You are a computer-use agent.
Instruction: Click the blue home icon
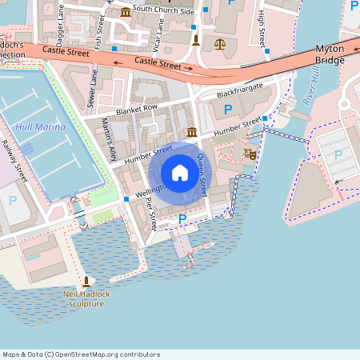click(180, 173)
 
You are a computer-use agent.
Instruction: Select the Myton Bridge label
click(330, 54)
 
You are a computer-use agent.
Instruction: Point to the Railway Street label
click(14, 160)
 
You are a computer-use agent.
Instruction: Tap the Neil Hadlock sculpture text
click(86, 298)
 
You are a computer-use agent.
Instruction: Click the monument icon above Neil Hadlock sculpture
click(86, 282)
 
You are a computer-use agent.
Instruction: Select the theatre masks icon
click(250, 153)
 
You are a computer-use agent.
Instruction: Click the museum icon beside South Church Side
click(126, 11)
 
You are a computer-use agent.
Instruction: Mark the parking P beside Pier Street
click(182, 218)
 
